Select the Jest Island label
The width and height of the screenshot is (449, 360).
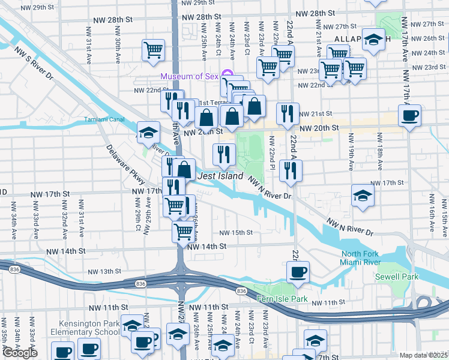pos(220,176)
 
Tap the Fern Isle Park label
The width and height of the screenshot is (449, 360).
pos(282,299)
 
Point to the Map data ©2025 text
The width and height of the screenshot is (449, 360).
pos(423,355)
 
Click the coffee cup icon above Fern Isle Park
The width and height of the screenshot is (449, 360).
pos(298,272)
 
